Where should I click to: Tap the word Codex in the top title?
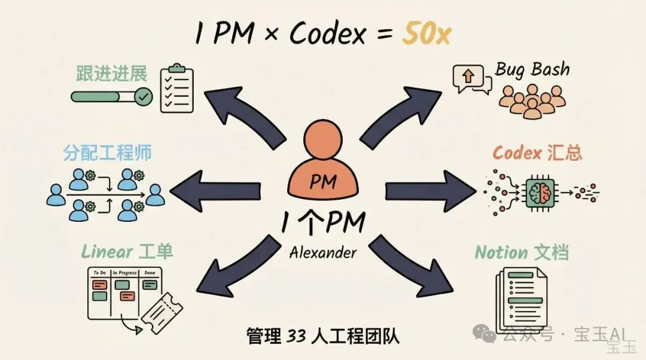click(x=325, y=35)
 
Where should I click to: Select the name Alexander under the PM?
click(x=323, y=253)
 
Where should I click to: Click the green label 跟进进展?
click(x=111, y=74)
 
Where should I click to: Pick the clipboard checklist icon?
click(x=178, y=89)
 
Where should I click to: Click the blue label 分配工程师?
click(x=108, y=152)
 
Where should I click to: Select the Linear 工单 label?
click(x=127, y=252)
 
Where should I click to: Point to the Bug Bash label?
click(x=532, y=69)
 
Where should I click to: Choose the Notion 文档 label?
click(x=521, y=252)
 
